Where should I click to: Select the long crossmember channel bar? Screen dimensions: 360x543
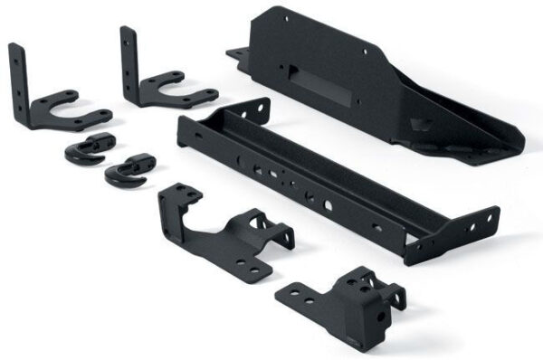pyautogui.click(x=326, y=181)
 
